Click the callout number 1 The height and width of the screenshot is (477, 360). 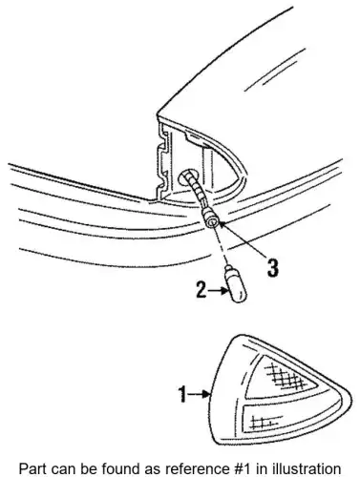pos(182,394)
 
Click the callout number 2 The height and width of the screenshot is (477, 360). pos(201,289)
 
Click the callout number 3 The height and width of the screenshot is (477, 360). pos(273,267)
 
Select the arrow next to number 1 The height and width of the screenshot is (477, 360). pos(199,394)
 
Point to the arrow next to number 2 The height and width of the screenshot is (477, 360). pos(218,290)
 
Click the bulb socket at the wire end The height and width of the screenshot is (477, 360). pos(211,220)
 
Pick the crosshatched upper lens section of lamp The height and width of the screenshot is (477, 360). pos(280,378)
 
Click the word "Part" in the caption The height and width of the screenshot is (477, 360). pos(31,468)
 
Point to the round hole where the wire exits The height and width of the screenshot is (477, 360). pos(188,177)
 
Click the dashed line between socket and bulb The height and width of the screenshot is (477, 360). pos(222,246)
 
